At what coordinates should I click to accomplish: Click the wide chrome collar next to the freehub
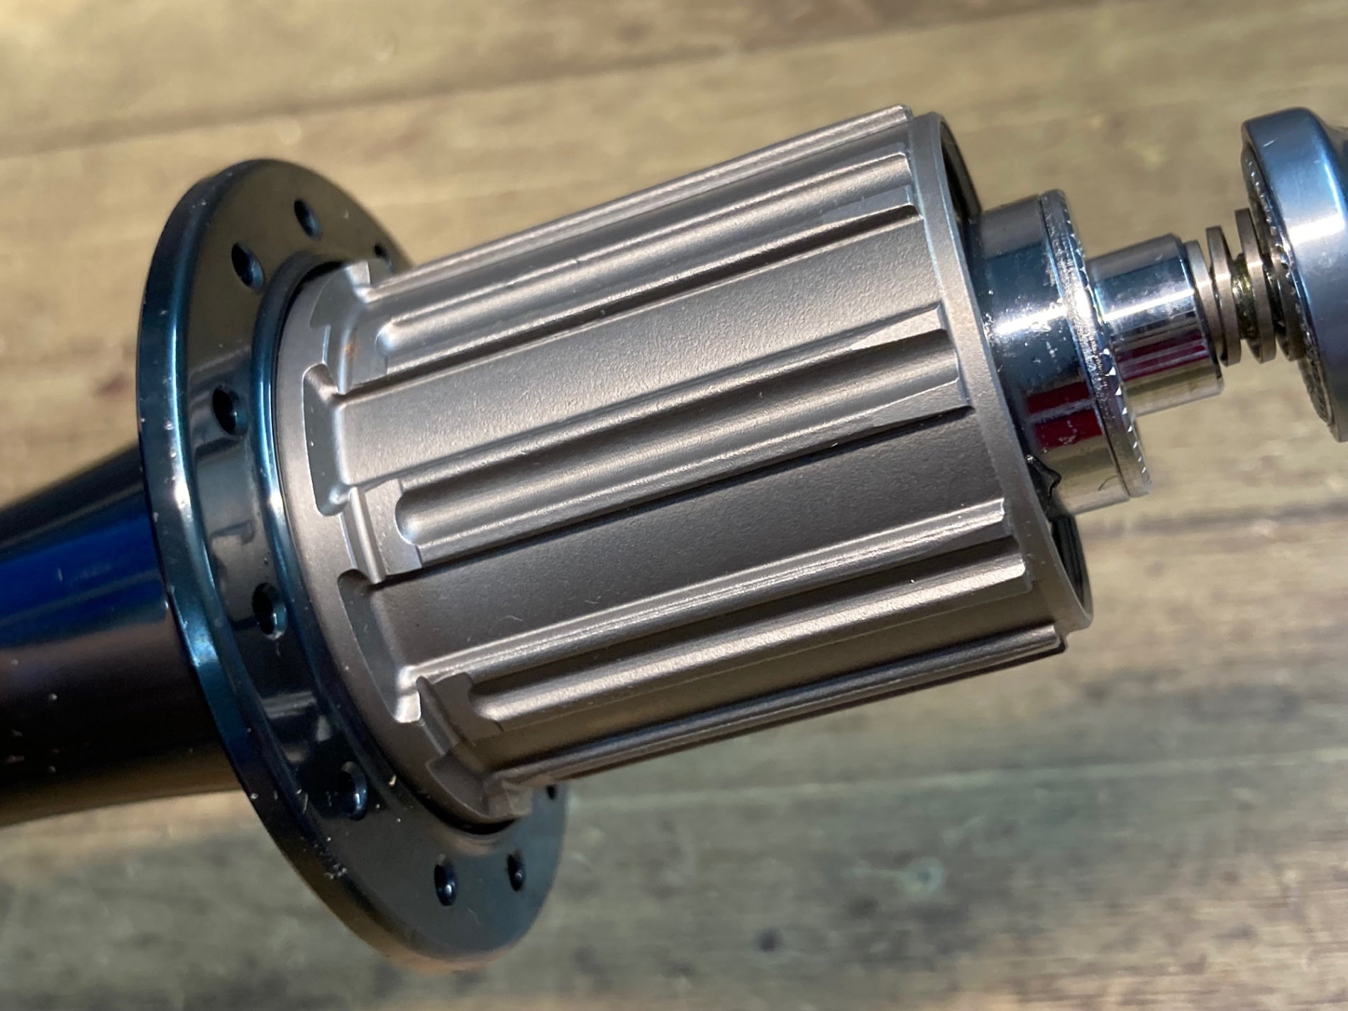pyautogui.click(x=1036, y=341)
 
